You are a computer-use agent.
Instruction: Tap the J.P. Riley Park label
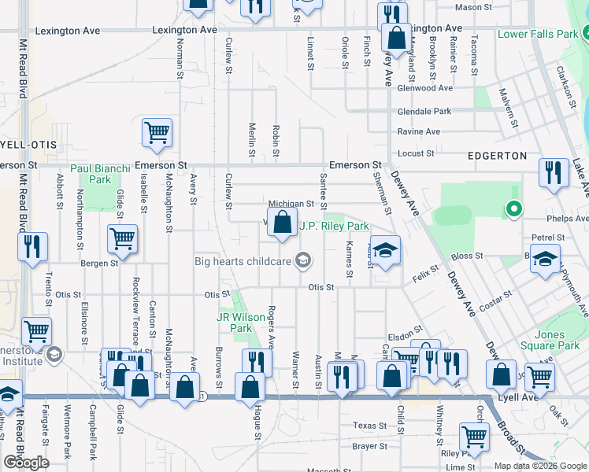[x=334, y=226]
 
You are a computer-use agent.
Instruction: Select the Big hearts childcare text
[x=243, y=260]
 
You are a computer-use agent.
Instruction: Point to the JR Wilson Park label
[x=235, y=323]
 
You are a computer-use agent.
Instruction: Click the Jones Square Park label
[x=550, y=340]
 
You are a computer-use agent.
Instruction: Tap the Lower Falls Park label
[x=538, y=35]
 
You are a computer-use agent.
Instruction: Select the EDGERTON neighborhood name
[x=496, y=156]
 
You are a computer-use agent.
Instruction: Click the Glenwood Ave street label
[x=425, y=89]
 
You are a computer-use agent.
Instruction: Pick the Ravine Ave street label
[x=424, y=132]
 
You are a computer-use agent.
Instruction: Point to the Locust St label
[x=417, y=153]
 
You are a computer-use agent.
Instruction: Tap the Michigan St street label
[x=291, y=204]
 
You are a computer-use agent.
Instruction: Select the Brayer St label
[x=365, y=446]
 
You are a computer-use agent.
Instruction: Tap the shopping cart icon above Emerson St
[x=157, y=133]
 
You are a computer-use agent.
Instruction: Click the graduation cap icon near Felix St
[x=385, y=251]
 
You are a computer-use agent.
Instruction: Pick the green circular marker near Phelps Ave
[x=513, y=209]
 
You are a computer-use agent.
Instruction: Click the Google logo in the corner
[x=26, y=463]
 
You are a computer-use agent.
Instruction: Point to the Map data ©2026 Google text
[x=540, y=466]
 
